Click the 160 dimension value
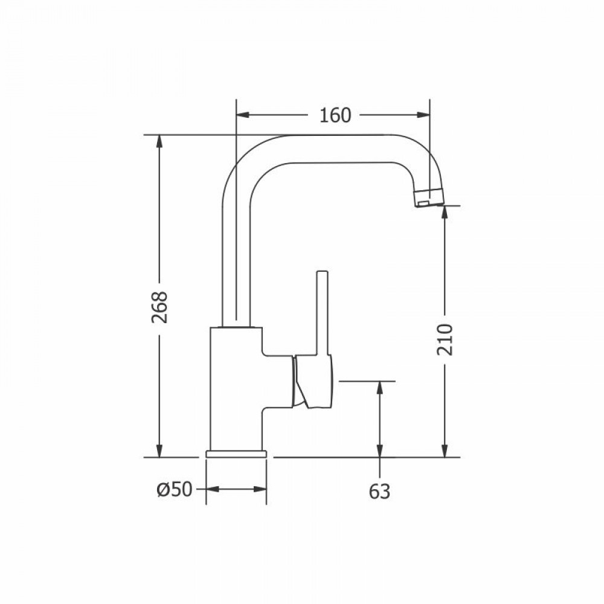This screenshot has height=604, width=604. click(x=335, y=115)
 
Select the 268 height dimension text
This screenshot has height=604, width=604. click(x=159, y=307)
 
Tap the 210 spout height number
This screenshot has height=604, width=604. click(x=445, y=339)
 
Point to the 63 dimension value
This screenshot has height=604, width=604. click(x=379, y=491)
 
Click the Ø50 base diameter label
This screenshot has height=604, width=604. click(x=175, y=490)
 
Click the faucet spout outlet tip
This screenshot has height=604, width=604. click(x=429, y=198)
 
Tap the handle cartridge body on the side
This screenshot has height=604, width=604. click(x=312, y=381)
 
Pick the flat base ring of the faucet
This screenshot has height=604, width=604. click(x=236, y=454)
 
